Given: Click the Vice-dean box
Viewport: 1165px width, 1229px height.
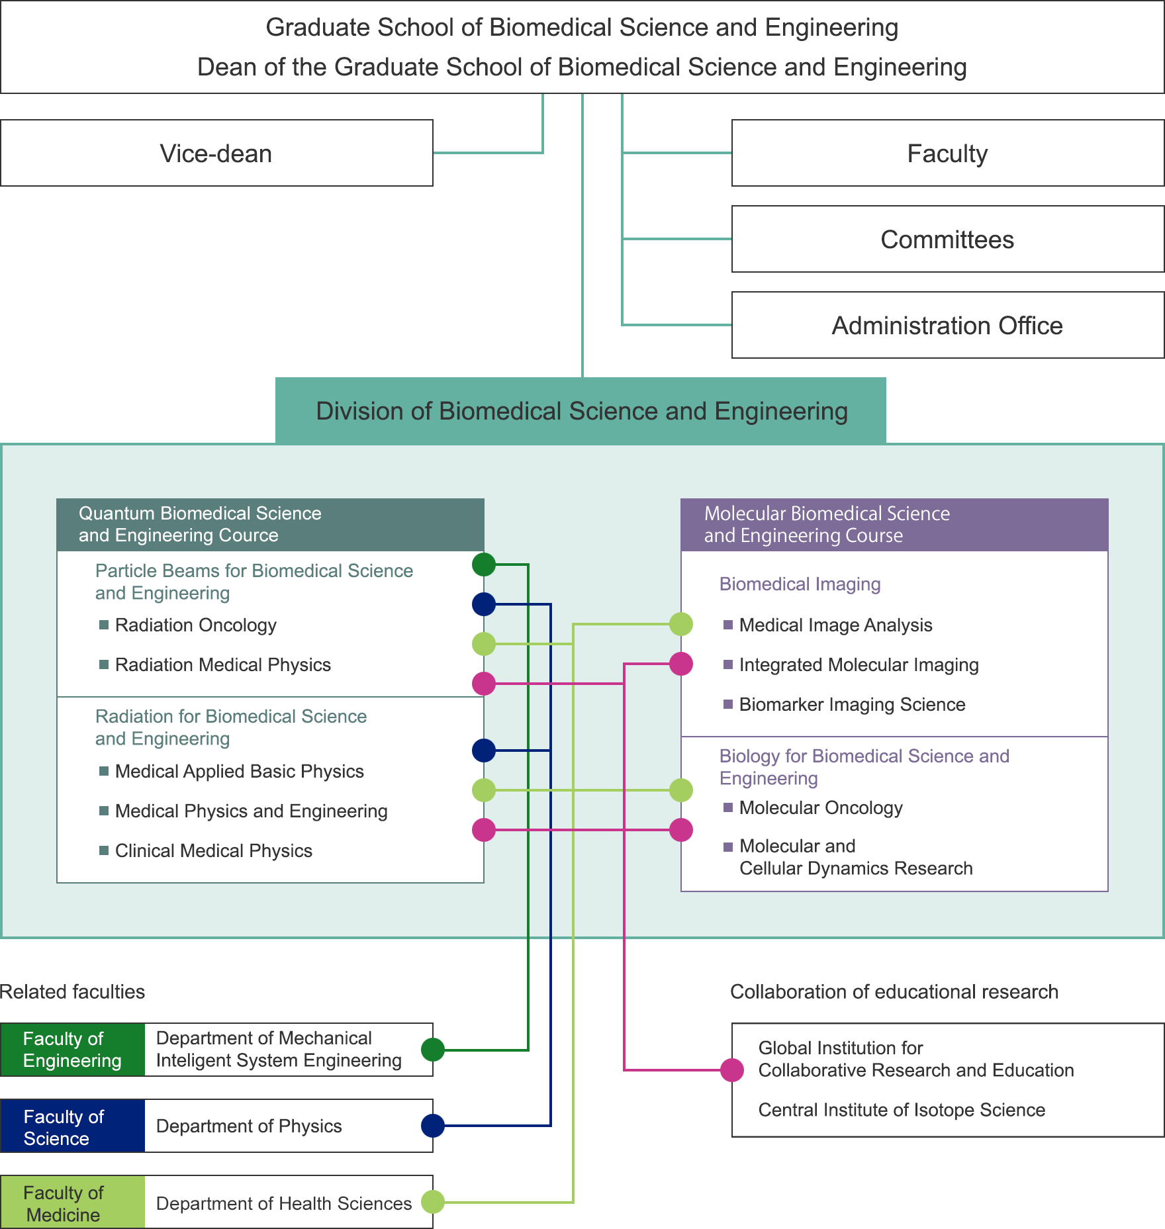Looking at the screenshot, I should click(x=216, y=153).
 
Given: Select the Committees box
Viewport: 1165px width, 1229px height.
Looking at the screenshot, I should click(x=947, y=239).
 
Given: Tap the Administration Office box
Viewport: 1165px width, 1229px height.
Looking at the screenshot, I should click(x=947, y=325).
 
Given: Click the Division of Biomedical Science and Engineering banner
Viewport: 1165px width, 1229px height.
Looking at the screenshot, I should click(x=581, y=410).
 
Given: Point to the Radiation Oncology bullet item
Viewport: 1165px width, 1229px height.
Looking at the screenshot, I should click(x=195, y=625).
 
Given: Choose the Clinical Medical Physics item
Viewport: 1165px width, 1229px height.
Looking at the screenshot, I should click(x=213, y=850).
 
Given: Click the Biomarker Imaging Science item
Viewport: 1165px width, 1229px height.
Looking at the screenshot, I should click(x=852, y=704).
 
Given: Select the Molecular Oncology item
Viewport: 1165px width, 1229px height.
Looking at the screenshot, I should click(x=821, y=807).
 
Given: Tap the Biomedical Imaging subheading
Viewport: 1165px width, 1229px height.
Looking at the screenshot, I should click(x=800, y=584).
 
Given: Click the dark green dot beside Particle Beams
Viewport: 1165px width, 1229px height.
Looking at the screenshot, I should click(x=484, y=565).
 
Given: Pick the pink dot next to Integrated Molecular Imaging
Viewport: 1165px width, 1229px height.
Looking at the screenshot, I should click(x=681, y=664).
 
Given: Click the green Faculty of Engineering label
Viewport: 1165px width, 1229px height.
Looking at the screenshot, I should click(x=72, y=1050).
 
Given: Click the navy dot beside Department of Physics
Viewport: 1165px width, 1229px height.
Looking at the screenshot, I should click(x=433, y=1125).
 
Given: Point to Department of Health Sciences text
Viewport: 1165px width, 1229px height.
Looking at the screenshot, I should click(x=284, y=1203).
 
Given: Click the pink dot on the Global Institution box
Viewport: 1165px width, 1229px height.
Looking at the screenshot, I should click(x=732, y=1070).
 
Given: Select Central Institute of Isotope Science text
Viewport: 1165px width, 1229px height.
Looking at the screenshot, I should click(x=902, y=1110).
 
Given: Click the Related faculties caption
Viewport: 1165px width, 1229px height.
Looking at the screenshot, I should click(x=72, y=991).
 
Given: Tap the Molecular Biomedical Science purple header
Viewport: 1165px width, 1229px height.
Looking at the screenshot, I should click(x=894, y=524).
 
